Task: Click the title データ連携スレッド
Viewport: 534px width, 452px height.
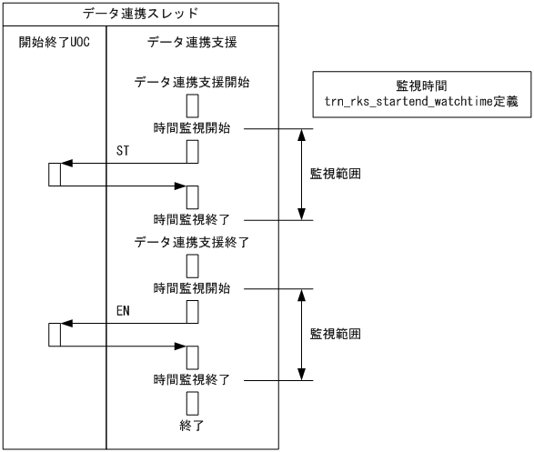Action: [140, 14]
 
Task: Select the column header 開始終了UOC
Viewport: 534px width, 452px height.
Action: [54, 44]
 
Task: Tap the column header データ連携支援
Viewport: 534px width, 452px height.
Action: [192, 44]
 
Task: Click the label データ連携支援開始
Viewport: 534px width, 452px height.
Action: [192, 83]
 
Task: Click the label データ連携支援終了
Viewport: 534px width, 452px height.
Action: [192, 243]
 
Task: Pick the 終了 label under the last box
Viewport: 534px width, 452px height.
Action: [192, 424]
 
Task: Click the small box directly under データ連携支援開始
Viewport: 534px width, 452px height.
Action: [193, 105]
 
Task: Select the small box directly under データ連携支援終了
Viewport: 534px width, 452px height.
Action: [193, 265]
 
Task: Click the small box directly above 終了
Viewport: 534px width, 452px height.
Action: [193, 401]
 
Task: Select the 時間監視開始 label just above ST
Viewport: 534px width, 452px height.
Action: [192, 128]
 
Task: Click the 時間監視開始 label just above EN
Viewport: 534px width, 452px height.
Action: [192, 288]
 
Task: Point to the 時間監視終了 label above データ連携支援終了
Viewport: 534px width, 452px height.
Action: [192, 219]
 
